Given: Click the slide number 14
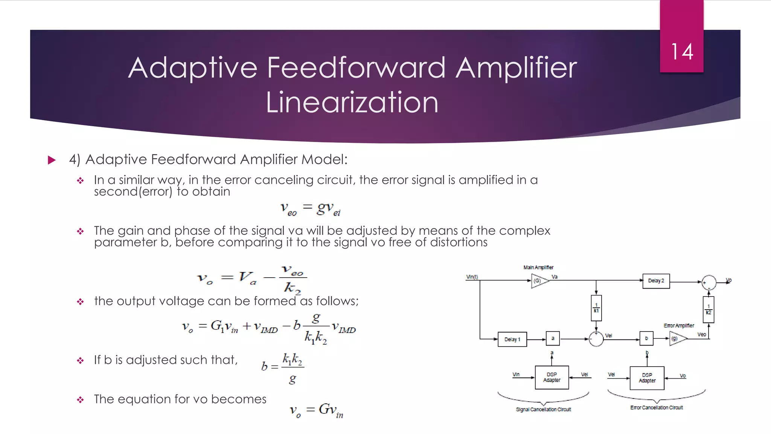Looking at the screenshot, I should pos(682,52).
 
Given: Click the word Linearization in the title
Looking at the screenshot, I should pos(352,102).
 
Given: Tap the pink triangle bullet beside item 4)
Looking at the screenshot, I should pos(52,160).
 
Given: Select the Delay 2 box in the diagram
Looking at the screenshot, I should pos(656,281).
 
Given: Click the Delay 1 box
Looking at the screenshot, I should pos(512,339).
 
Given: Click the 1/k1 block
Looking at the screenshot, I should pos(596,308).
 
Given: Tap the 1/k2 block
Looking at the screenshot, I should pos(708,310).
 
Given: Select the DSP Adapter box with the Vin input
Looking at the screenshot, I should pos(552,377).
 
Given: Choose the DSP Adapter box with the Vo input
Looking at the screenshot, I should pos(647,378).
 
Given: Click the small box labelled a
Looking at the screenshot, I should pos(553,338).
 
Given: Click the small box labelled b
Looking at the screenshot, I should pos(646,338).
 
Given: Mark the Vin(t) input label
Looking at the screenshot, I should pos(472,277).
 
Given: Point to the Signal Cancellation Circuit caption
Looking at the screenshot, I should pos(543,410).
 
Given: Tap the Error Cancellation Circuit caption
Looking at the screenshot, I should pos(657,408).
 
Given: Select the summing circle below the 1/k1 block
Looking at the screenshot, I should pos(596,339).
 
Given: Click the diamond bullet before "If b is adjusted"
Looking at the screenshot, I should pos(80,361).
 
